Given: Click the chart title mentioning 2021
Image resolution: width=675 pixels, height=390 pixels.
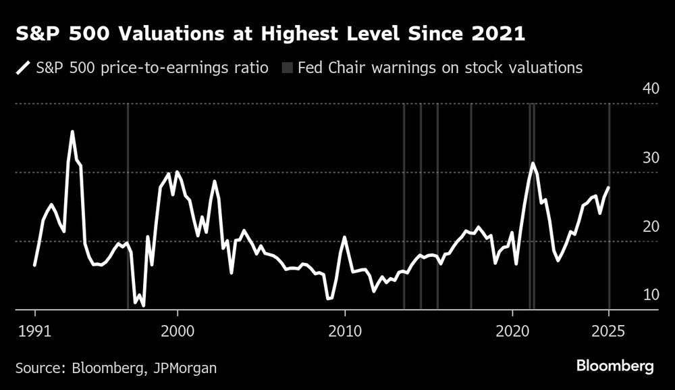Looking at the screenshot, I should [270, 34].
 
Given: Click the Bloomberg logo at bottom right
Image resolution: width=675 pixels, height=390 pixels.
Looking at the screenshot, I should [615, 366].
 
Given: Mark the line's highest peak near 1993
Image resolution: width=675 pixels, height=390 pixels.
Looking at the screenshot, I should [72, 132].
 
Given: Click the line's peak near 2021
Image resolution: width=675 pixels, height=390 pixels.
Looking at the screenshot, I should [533, 164].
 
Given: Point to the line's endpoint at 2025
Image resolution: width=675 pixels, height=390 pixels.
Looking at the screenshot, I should [609, 188].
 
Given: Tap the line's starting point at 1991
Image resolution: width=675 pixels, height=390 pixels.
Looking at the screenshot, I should [34, 266].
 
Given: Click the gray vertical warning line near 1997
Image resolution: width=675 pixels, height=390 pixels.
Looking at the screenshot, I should [128, 203].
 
